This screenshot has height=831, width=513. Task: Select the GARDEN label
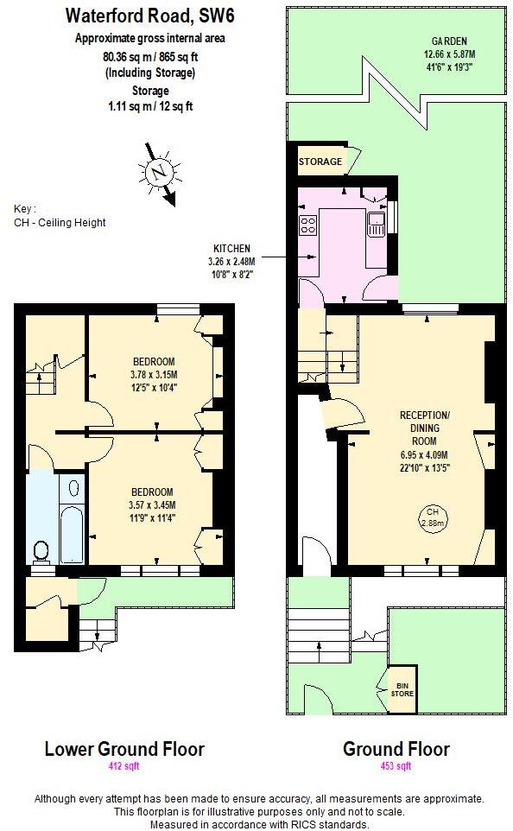(x=450, y=41)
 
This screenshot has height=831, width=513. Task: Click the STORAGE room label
(x=320, y=162)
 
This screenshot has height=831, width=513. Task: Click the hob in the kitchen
(x=307, y=226)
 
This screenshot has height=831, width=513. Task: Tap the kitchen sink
(x=375, y=226)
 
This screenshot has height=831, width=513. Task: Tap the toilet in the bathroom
(x=40, y=550)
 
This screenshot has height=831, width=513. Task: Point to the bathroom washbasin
(x=73, y=489)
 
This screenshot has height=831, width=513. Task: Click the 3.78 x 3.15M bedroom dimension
(x=155, y=374)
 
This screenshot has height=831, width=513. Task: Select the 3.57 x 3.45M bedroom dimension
(x=153, y=505)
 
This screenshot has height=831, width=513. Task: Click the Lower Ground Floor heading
(x=124, y=748)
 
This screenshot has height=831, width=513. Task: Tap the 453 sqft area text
(x=396, y=766)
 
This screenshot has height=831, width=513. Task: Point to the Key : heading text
(x=25, y=208)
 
